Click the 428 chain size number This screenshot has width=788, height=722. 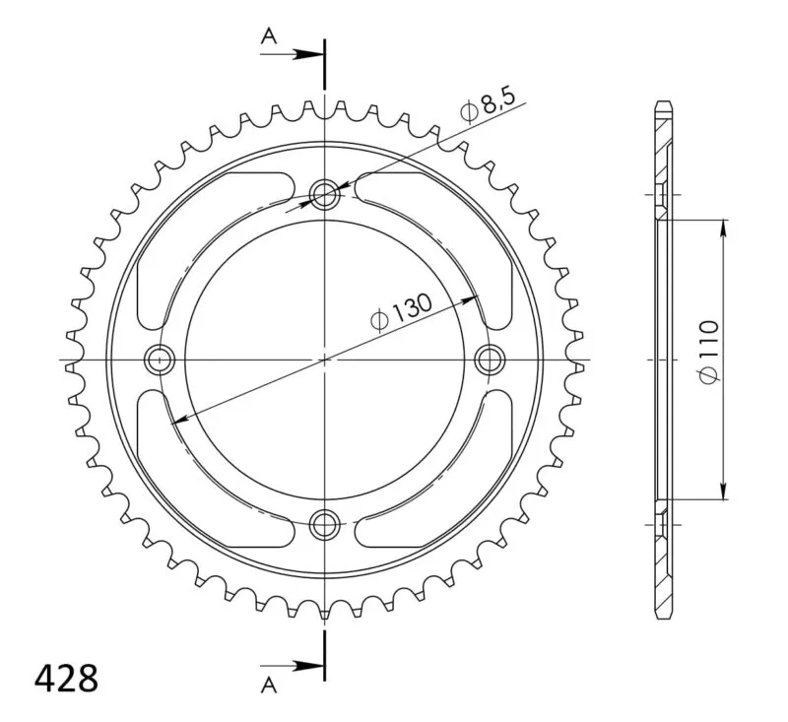pyautogui.click(x=66, y=679)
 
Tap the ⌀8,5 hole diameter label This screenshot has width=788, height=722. pyautogui.click(x=488, y=106)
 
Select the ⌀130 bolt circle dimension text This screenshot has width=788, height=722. pyautogui.click(x=401, y=312)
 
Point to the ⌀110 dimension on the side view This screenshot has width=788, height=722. pyautogui.click(x=709, y=353)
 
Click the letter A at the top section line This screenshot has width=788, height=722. pyautogui.click(x=269, y=36)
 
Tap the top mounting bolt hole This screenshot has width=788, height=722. pyautogui.click(x=325, y=193)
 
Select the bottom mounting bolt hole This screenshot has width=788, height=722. pyautogui.click(x=325, y=525)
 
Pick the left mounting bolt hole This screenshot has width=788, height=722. pyautogui.click(x=160, y=360)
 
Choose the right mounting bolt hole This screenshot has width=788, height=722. pyautogui.click(x=490, y=360)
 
